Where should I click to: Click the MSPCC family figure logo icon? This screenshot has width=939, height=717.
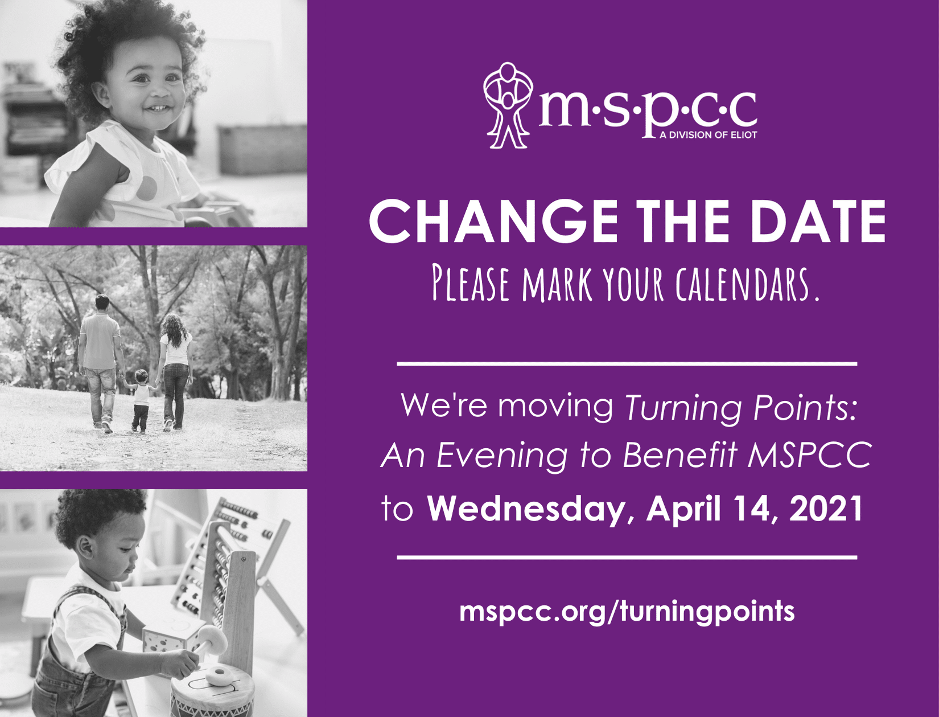pyautogui.click(x=508, y=106)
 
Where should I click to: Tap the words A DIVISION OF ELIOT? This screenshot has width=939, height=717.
pyautogui.click(x=708, y=135)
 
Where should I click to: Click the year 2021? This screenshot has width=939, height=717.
pyautogui.click(x=825, y=509)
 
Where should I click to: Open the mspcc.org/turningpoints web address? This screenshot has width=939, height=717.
pyautogui.click(x=627, y=611)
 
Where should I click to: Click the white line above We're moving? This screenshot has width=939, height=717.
pyautogui.click(x=627, y=364)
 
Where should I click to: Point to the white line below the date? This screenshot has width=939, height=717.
pyautogui.click(x=627, y=558)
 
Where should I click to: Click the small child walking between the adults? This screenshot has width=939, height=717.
pyautogui.click(x=141, y=400)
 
